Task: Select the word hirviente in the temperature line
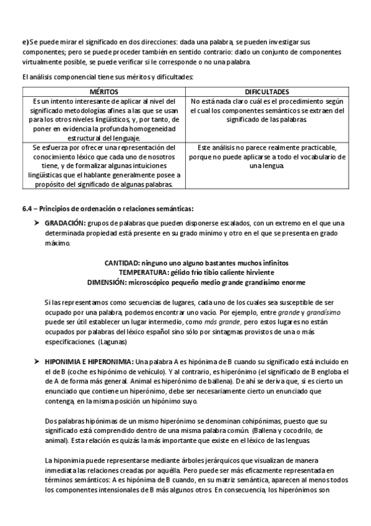(x=247, y=272)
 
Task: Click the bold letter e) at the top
(x=25, y=41)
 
